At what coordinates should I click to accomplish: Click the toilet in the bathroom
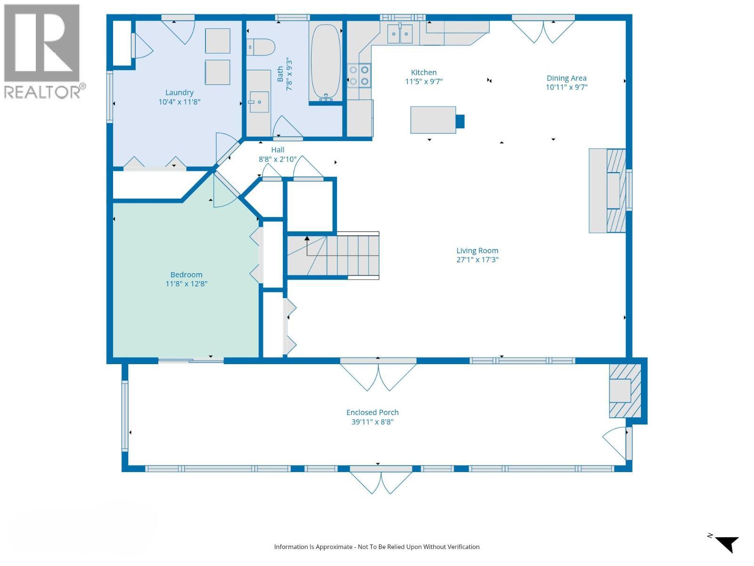(261, 47)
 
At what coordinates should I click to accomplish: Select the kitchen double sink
(400, 33)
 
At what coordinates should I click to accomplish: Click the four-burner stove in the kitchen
(359, 75)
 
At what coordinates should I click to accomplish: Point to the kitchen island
(433, 120)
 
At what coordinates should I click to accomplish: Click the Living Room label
(477, 250)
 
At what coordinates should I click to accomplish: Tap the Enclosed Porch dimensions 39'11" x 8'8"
(372, 421)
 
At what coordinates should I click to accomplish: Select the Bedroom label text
(186, 275)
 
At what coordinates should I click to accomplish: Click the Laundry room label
(180, 92)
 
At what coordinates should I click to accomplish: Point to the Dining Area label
(566, 78)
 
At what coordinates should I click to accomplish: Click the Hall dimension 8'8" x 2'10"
(278, 159)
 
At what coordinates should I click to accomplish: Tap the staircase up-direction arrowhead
(307, 238)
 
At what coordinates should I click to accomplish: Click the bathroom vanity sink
(259, 102)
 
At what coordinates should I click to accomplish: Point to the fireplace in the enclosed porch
(625, 391)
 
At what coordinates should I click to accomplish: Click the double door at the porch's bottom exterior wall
(381, 481)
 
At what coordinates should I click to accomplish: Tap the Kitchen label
(424, 72)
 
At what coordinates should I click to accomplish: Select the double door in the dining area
(543, 30)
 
